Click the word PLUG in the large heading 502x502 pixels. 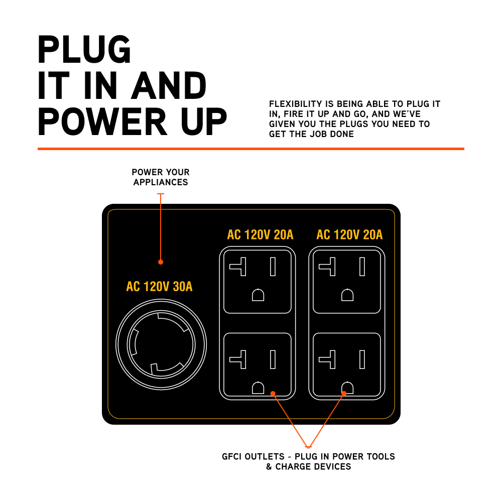(x=84, y=49)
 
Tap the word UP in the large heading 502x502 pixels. (x=199, y=122)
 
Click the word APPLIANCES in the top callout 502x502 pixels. (x=161, y=182)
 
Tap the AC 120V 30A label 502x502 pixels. (x=159, y=287)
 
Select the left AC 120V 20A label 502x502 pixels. (x=260, y=234)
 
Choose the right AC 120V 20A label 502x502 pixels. (x=349, y=234)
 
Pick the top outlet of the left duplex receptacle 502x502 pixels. (x=258, y=281)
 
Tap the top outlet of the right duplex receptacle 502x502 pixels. (x=347, y=281)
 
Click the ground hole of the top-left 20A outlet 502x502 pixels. (x=258, y=295)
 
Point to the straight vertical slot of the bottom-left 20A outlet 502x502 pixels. (x=273, y=359)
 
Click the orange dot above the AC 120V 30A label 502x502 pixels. (x=161, y=262)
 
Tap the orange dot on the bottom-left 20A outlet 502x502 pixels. (x=273, y=393)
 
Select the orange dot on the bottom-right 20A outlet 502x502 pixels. (x=344, y=393)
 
